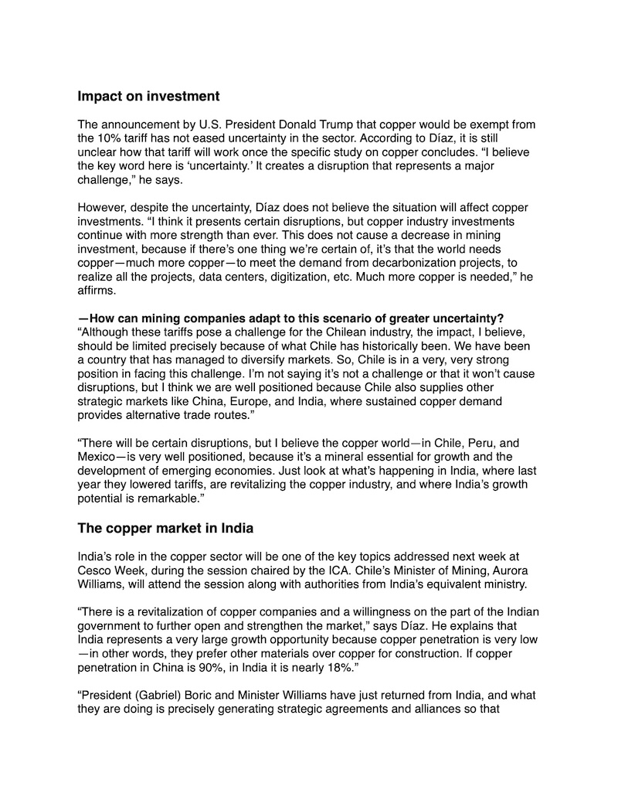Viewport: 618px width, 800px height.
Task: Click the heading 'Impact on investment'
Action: point(148,97)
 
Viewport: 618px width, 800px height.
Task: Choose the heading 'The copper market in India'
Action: point(165,529)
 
